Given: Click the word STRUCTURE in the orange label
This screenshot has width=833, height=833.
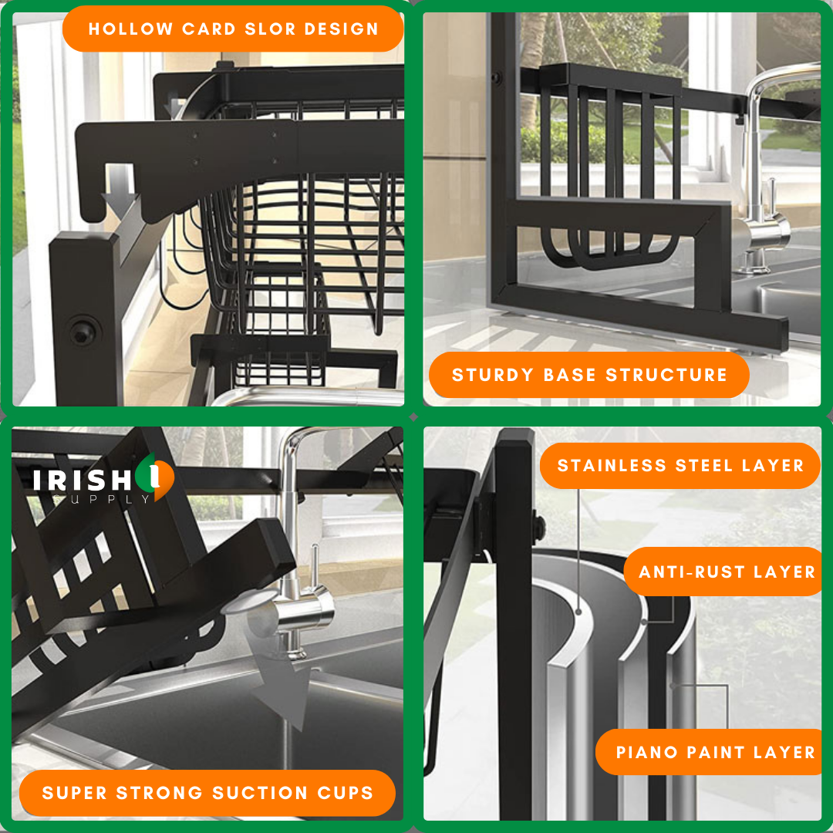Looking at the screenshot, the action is point(666,375).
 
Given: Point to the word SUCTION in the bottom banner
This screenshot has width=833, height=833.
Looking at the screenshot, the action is point(261,793).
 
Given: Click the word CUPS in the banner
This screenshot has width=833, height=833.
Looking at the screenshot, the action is point(346,793).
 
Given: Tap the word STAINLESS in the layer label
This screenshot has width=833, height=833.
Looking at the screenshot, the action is point(612,465).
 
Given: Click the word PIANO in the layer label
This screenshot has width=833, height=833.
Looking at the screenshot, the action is point(646,752).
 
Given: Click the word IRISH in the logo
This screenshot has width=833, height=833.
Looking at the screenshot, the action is point(82,481).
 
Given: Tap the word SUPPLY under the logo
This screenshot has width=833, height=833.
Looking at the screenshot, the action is point(101,499).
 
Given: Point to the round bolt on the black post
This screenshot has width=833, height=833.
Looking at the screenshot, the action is point(83,333).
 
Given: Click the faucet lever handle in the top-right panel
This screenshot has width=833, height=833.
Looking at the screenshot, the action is point(771,197).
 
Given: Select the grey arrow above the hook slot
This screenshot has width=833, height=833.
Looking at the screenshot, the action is point(120,192).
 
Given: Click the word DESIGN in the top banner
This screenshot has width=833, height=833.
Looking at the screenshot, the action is point(341,29).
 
